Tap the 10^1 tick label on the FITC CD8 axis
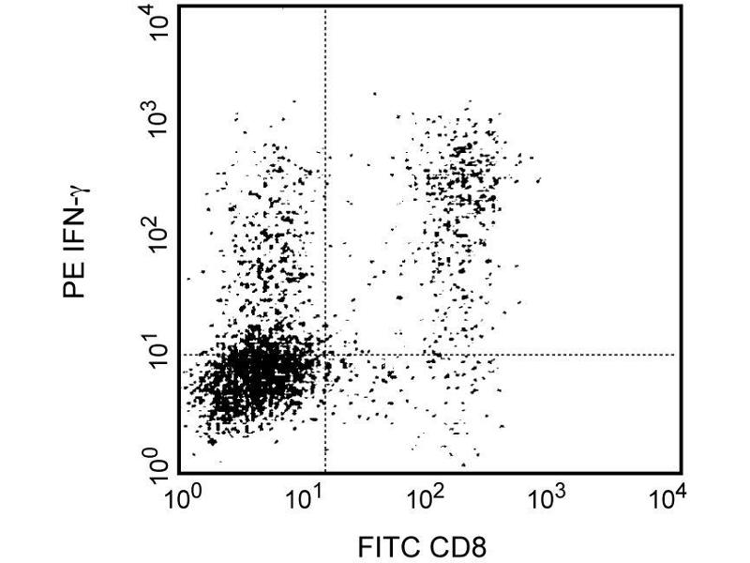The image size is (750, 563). point(306,496)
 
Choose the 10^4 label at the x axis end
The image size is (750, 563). point(668,496)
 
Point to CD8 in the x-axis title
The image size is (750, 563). point(458,544)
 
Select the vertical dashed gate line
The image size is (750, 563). point(324,188)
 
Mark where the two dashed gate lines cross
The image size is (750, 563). point(324,355)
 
